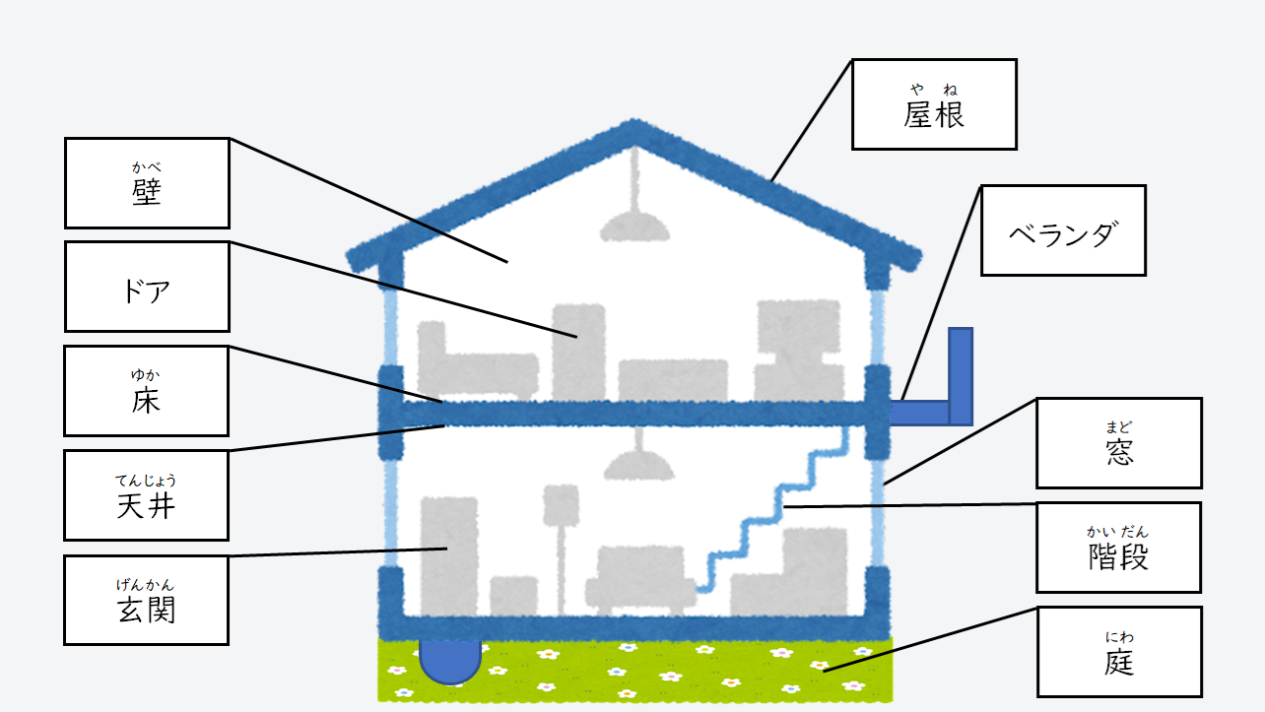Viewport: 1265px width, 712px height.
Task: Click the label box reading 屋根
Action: pos(933,104)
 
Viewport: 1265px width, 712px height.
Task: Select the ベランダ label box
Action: pos(1063,230)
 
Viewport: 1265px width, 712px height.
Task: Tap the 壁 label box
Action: pos(147,183)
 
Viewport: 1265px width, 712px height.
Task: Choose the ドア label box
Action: pos(147,287)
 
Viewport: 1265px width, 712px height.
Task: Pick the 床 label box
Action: pos(146,391)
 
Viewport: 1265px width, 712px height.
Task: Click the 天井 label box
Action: pos(146,495)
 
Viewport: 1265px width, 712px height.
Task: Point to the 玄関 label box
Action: pos(146,600)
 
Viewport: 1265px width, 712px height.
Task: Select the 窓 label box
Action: pos(1118,443)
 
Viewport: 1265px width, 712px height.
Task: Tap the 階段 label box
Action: pos(1118,548)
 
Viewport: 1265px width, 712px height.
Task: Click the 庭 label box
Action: pos(1118,652)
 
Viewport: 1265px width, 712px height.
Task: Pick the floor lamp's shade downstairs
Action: pos(562,503)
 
